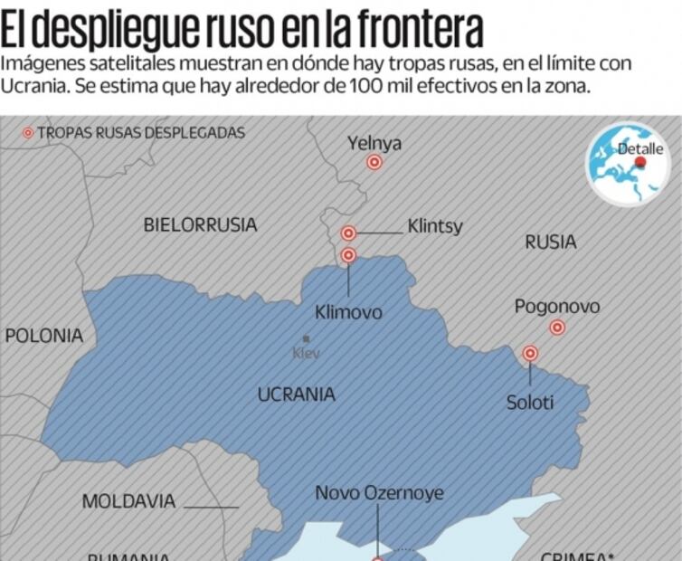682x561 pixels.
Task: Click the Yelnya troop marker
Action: [x=374, y=163]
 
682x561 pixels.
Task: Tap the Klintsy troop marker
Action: [x=348, y=233]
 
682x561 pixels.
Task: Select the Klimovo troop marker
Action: [x=348, y=255]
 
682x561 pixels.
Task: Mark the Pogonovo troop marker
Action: [x=557, y=328]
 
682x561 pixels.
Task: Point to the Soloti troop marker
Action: [x=531, y=353]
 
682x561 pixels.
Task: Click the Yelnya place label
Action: [x=374, y=143]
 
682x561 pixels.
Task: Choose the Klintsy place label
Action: [x=434, y=226]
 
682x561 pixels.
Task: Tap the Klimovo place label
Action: [x=348, y=312]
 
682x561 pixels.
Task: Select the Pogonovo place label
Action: [x=556, y=307]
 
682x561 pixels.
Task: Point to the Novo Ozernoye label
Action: [x=379, y=494]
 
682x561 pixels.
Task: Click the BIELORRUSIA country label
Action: [x=200, y=224]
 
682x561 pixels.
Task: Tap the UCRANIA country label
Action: [x=296, y=395]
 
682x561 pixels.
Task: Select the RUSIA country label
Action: [x=550, y=242]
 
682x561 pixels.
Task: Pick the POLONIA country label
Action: [x=43, y=336]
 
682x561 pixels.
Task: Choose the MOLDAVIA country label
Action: [x=128, y=501]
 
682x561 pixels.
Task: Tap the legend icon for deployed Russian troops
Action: [x=28, y=133]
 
